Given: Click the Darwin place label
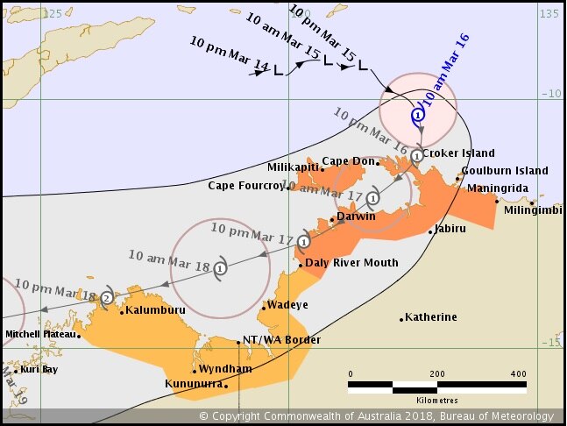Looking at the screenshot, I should pos(358,217).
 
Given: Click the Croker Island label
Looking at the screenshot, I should pos(458,153).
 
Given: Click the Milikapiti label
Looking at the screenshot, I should pos(292,167).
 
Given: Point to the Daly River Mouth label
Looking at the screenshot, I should pos(352,263).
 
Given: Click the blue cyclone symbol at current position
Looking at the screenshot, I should pos(419,113).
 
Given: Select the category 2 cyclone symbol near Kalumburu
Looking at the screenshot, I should pos(107,298).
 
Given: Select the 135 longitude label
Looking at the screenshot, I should pos(549,14).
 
